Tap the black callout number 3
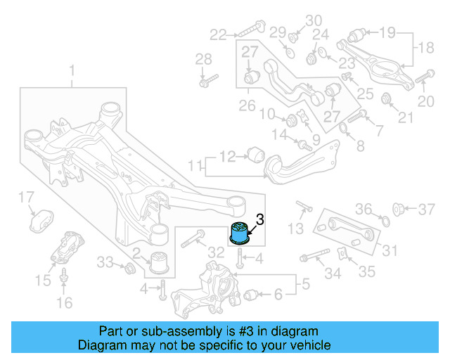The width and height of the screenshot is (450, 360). (x=259, y=219)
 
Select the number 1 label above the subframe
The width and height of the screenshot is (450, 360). (x=70, y=70)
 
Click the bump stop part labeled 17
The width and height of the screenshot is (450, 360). (x=42, y=219)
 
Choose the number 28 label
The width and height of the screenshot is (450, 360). (x=203, y=58)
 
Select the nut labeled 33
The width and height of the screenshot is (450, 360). (x=129, y=268)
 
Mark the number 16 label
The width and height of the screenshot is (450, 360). (x=64, y=304)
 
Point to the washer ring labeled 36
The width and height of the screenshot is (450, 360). (x=385, y=222)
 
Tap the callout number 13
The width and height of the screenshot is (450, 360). (x=296, y=228)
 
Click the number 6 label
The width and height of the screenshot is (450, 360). (x=278, y=294)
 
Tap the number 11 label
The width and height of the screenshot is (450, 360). (x=193, y=167)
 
